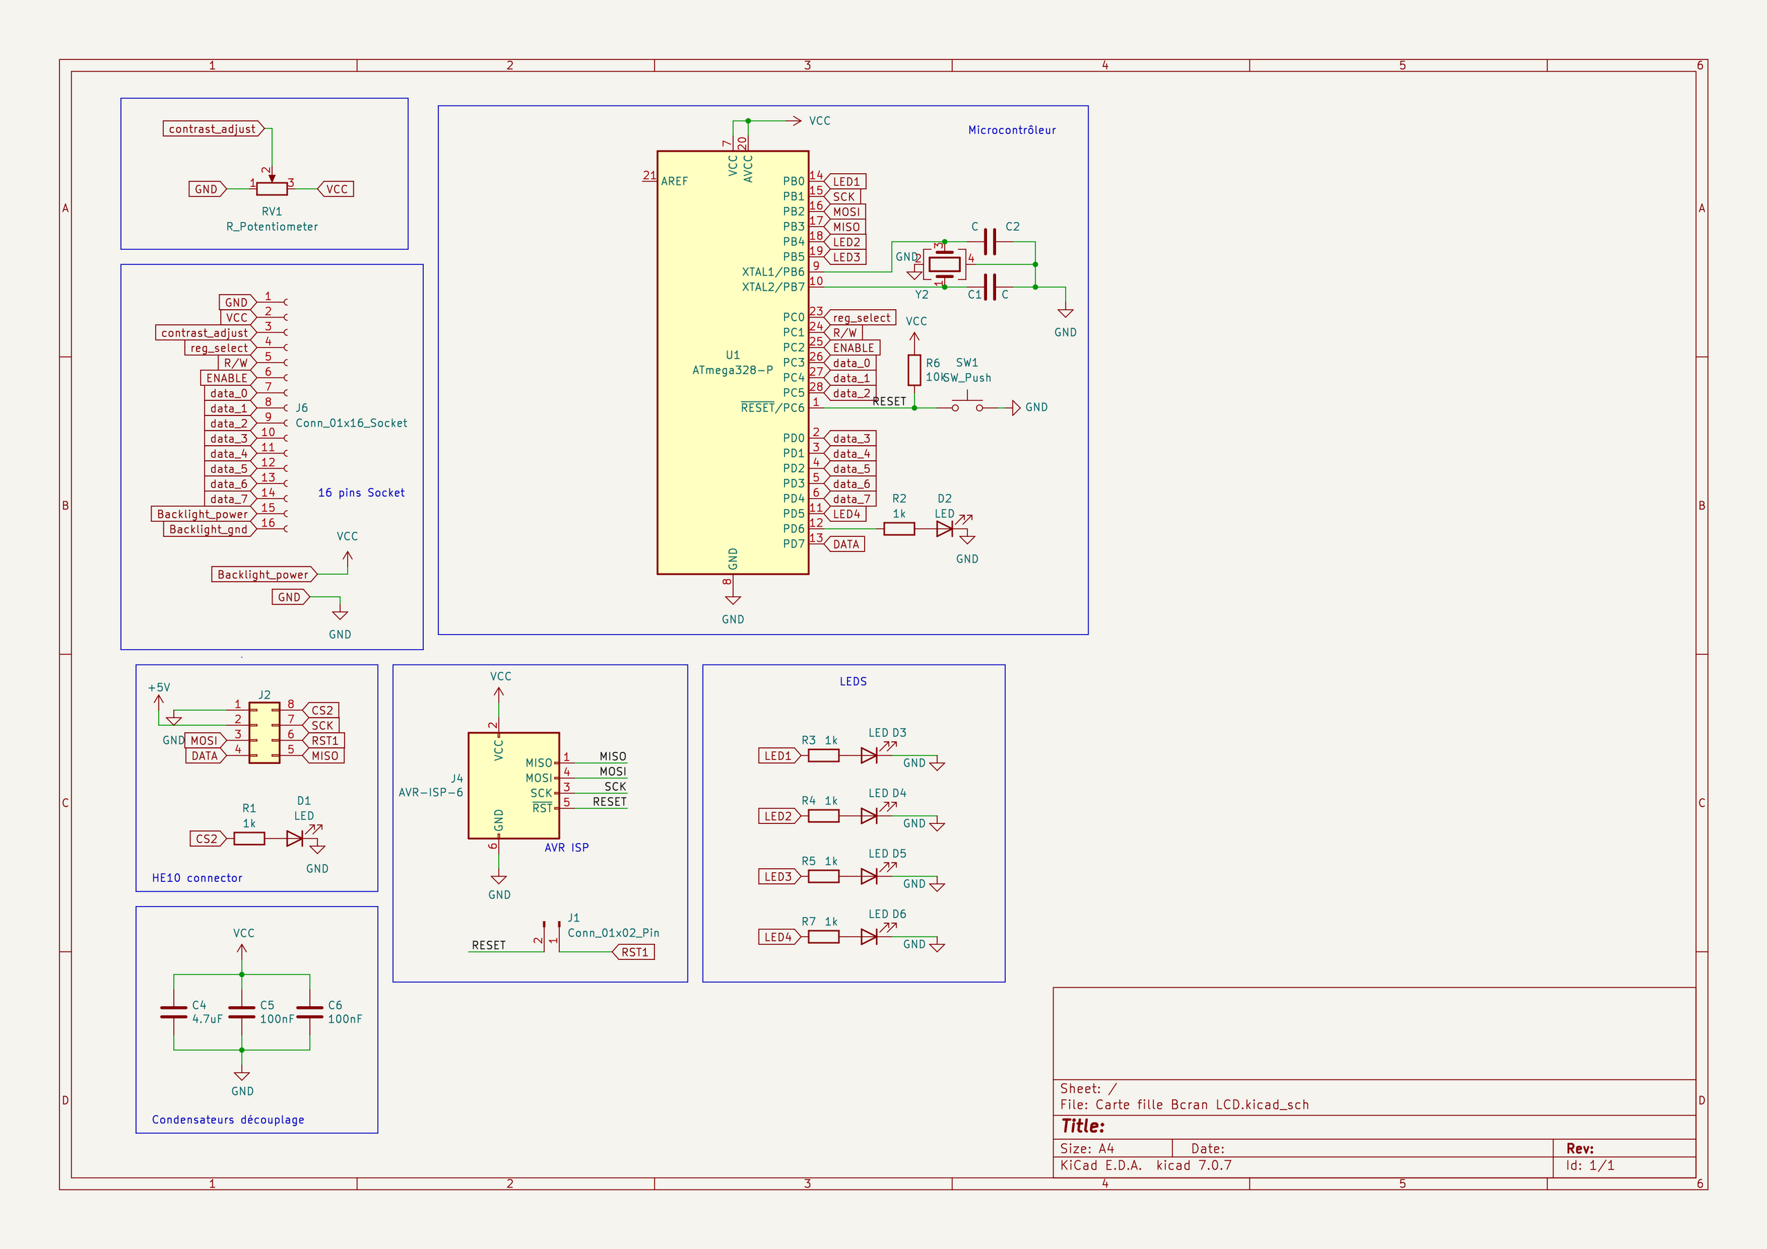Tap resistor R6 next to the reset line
pyautogui.click(x=915, y=370)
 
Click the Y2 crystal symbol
pyautogui.click(x=944, y=265)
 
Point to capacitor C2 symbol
pyautogui.click(x=990, y=242)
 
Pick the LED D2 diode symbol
pyautogui.click(x=945, y=529)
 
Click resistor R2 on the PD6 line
pyautogui.click(x=899, y=529)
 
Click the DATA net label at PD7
pyautogui.click(x=844, y=544)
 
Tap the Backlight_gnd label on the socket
pyautogui.click(x=209, y=529)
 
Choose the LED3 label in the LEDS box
pyautogui.click(x=779, y=876)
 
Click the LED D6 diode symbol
pyautogui.click(x=870, y=936)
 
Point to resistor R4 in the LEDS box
pyautogui.click(x=823, y=816)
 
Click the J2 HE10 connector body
pyautogui.click(x=265, y=733)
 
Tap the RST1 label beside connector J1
pyautogui.click(x=634, y=952)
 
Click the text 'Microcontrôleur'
pyautogui.click(x=1011, y=130)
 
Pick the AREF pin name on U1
pyautogui.click(x=674, y=181)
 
